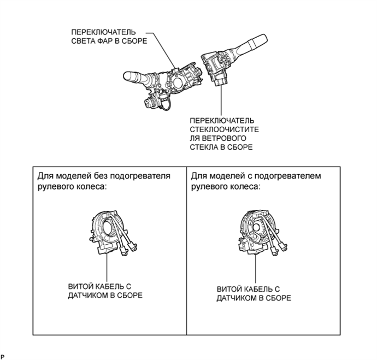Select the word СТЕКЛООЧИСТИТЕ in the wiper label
(x=225, y=129)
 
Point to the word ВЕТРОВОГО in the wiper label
(x=225, y=138)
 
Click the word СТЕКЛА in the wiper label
(x=204, y=147)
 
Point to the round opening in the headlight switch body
(x=177, y=84)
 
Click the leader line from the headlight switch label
(x=161, y=50)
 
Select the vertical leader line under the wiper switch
(x=221, y=101)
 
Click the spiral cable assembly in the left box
(x=112, y=232)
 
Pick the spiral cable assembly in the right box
(x=262, y=233)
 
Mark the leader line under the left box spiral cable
(x=107, y=267)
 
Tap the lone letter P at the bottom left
(x=3, y=357)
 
